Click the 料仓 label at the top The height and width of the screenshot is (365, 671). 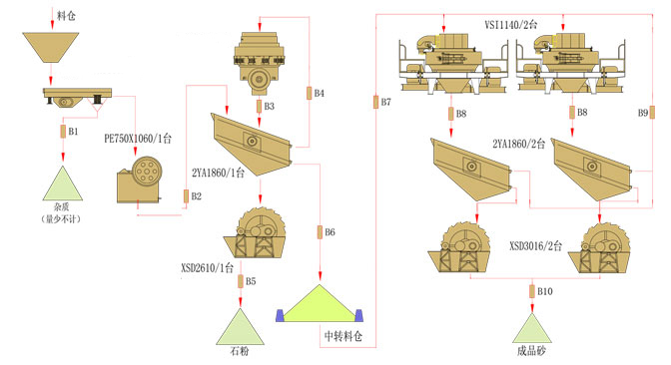(x=66, y=16)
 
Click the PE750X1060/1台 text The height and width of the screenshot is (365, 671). (x=138, y=139)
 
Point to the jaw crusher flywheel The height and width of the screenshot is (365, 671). (x=147, y=172)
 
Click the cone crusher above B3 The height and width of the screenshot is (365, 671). (x=259, y=63)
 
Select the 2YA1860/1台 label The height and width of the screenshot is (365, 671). (x=219, y=173)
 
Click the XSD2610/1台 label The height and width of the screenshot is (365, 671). (x=207, y=268)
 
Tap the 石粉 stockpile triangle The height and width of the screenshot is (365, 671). (x=240, y=327)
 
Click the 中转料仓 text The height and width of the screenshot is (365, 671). (x=343, y=336)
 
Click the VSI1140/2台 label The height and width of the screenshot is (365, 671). (x=511, y=24)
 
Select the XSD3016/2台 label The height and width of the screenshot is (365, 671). (x=536, y=245)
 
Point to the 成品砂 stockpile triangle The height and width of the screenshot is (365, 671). (x=532, y=329)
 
